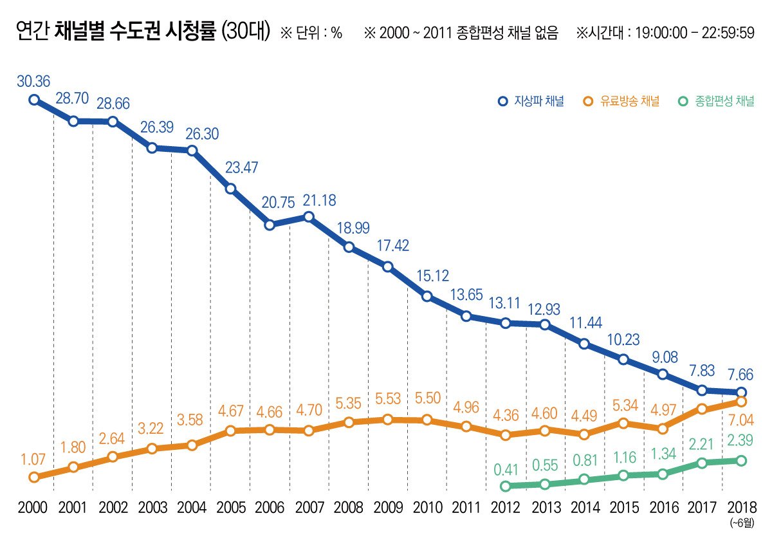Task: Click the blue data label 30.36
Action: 33,81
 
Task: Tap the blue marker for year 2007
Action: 309,217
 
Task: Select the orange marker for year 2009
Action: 387,420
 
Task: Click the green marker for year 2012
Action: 506,486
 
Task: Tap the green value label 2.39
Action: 740,442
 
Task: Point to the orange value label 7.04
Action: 740,421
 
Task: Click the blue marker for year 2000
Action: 34,100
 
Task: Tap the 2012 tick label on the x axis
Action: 506,508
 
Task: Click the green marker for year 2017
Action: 702,463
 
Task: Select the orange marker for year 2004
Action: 191,445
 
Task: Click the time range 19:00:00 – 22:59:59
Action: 694,33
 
